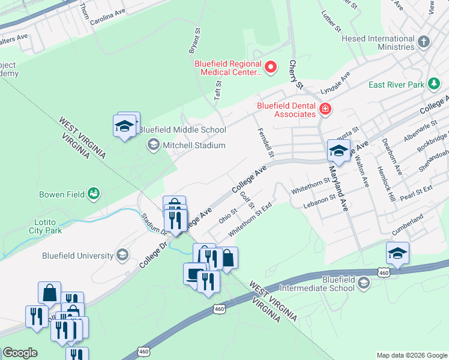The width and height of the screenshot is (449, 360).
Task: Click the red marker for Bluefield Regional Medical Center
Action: tap(270, 67)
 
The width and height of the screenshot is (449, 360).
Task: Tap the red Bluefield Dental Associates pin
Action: tap(325, 109)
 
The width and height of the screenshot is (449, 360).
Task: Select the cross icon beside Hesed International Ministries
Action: tap(424, 41)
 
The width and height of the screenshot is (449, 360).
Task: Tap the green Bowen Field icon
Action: tap(93, 193)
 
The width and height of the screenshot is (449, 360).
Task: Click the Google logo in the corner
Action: tap(19, 353)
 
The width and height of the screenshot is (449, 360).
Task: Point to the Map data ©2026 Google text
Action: tap(411, 355)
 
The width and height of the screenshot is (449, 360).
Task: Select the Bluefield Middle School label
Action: tap(182, 130)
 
